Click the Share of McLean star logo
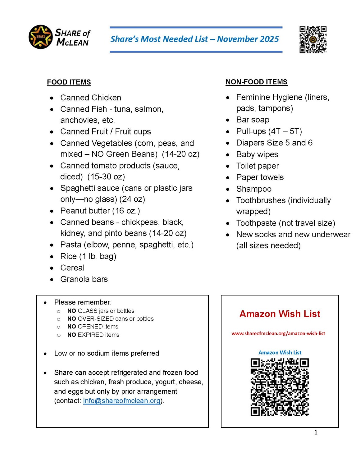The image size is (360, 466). click(x=40, y=37)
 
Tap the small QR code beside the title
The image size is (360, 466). click(x=312, y=39)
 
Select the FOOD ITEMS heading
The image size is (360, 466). click(x=69, y=82)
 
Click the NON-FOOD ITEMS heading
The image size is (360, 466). click(x=256, y=82)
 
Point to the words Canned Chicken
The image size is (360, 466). click(x=91, y=98)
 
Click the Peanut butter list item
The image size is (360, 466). click(x=100, y=211)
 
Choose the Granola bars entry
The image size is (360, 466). click(x=84, y=279)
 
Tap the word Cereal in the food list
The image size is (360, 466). click(x=72, y=267)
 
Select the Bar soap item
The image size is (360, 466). click(x=253, y=120)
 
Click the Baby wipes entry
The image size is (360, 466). click(x=257, y=154)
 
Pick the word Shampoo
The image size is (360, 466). click(x=254, y=189)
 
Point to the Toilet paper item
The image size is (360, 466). click(x=257, y=166)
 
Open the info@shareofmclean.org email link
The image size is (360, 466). click(x=122, y=400)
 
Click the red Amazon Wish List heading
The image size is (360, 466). click(x=280, y=314)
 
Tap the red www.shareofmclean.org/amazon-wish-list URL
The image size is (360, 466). click(x=278, y=333)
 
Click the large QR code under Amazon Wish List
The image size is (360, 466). click(x=280, y=387)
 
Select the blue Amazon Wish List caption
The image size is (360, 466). click(x=280, y=352)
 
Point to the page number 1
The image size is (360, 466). click(x=316, y=432)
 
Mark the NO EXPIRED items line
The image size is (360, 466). click(x=93, y=335)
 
